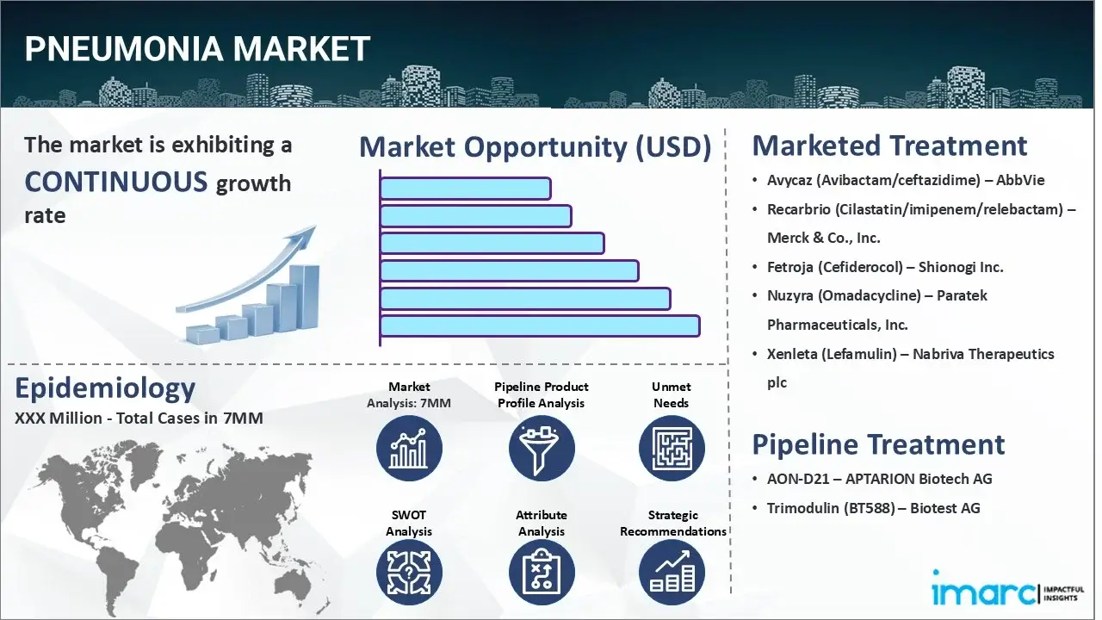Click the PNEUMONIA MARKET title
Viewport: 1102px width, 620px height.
pyautogui.click(x=197, y=49)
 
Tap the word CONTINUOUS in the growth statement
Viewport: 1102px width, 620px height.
pyautogui.click(x=116, y=182)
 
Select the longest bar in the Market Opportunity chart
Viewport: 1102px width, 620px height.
pyautogui.click(x=539, y=325)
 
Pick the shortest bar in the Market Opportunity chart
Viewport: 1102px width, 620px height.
pyautogui.click(x=465, y=189)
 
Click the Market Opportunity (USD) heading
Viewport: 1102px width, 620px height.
pyautogui.click(x=535, y=147)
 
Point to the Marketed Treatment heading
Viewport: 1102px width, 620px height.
pyautogui.click(x=889, y=146)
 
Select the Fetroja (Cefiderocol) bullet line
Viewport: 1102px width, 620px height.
pyautogui.click(x=885, y=267)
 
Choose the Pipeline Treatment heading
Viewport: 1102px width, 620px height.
pyautogui.click(x=878, y=444)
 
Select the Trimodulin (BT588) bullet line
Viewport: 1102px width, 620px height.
pyautogui.click(x=873, y=508)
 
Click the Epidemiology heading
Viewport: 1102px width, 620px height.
pyautogui.click(x=105, y=388)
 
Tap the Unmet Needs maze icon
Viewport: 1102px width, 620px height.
pyautogui.click(x=671, y=448)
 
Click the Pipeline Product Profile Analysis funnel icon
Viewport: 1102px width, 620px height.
pyautogui.click(x=541, y=448)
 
